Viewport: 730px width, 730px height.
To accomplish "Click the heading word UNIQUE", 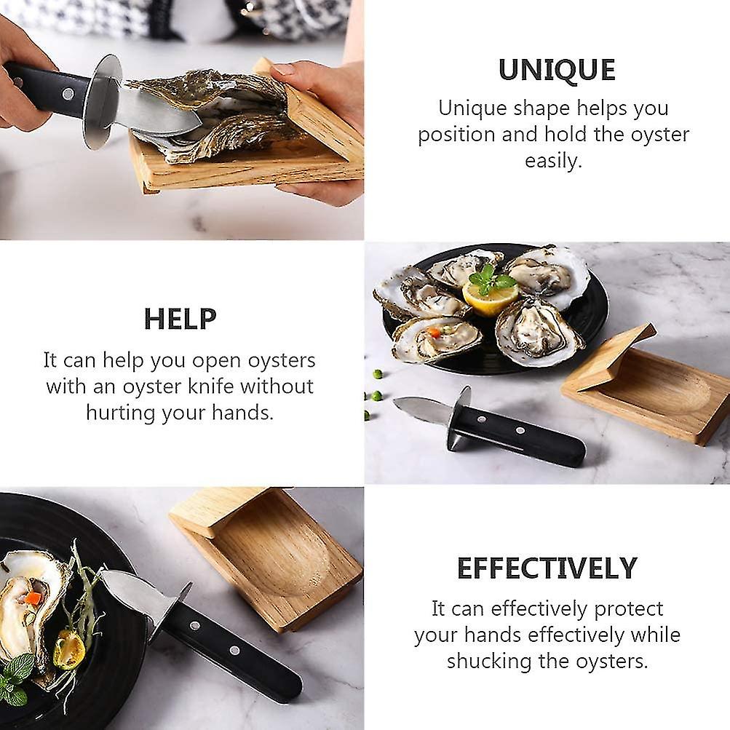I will click(557, 70).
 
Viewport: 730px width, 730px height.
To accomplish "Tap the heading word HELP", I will click(180, 320).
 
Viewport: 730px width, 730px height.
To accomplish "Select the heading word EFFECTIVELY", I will click(547, 568).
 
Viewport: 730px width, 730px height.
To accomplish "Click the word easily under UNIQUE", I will click(553, 161).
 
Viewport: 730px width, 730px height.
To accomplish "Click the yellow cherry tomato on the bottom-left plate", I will click(69, 649).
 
